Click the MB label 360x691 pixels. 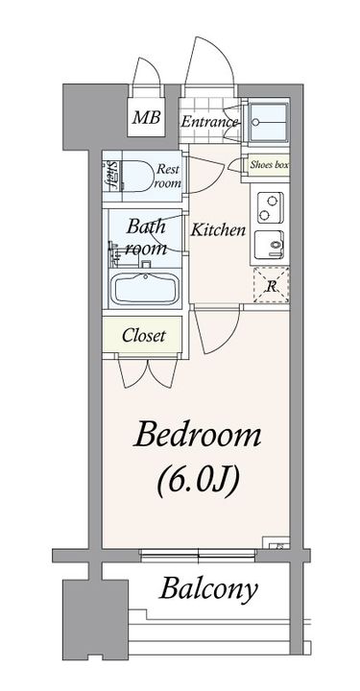pos(147,117)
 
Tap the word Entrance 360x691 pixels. pos(209,122)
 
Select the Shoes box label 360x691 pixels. pos(269,165)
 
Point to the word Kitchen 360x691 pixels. pos(218,229)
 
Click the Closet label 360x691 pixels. pos(144,336)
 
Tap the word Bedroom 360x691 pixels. pos(198,434)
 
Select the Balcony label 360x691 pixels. pos(208,589)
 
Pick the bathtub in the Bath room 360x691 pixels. pos(145,289)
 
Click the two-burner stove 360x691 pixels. pos(270,208)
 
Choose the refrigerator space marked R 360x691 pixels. pos(272,285)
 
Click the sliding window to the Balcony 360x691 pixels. pos(198,555)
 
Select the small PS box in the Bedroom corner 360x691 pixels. pos(276,542)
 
